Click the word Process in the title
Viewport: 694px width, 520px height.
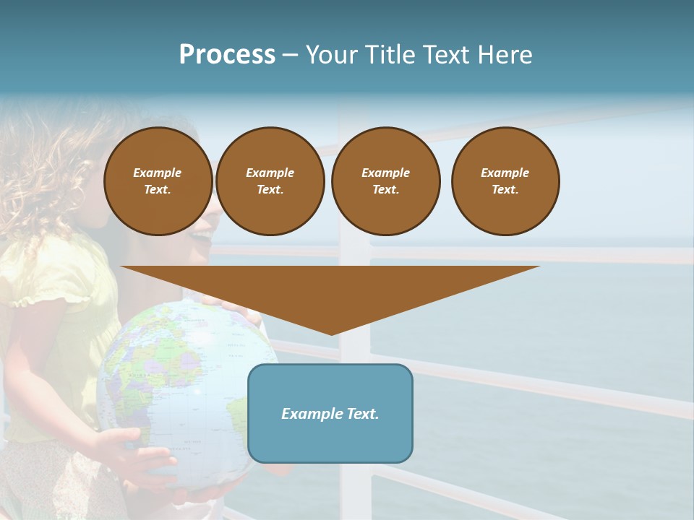pos(227,55)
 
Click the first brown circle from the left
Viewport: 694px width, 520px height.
pos(158,181)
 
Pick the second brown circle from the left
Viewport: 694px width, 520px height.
pos(270,181)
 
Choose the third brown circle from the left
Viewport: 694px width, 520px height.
pos(385,181)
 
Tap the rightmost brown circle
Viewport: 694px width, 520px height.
pos(505,181)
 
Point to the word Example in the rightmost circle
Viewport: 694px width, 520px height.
pos(505,173)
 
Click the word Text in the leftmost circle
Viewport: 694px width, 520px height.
pos(157,190)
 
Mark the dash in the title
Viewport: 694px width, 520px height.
pos(290,55)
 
